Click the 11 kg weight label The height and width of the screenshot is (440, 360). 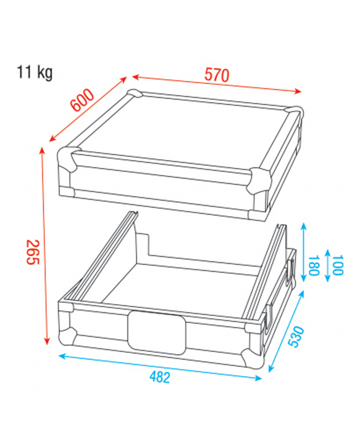(x=35, y=72)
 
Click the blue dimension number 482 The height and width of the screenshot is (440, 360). (x=160, y=377)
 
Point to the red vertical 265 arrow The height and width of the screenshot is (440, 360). (x=43, y=244)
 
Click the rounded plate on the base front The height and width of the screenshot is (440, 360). (x=157, y=332)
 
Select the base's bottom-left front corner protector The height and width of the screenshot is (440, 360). (x=68, y=335)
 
